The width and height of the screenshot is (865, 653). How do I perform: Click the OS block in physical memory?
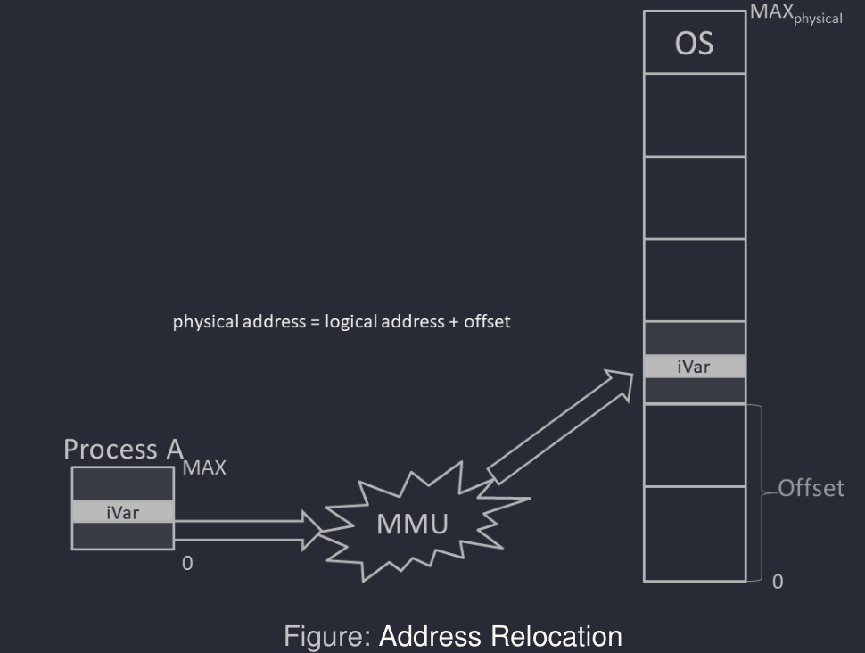point(694,43)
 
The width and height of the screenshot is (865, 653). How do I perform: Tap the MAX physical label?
point(796,15)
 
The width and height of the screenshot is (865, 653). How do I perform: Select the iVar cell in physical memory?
point(694,366)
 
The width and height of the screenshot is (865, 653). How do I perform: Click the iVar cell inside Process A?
point(122,511)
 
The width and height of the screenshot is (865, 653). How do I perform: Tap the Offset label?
point(811,489)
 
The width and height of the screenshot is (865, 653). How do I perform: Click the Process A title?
point(123,450)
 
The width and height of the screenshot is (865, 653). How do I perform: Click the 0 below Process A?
point(187,564)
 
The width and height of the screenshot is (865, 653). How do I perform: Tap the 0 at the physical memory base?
point(778,582)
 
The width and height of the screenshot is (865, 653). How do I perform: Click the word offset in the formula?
point(489,322)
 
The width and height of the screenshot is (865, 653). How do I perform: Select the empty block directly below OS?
point(694,114)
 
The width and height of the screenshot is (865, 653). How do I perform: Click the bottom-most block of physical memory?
point(694,533)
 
